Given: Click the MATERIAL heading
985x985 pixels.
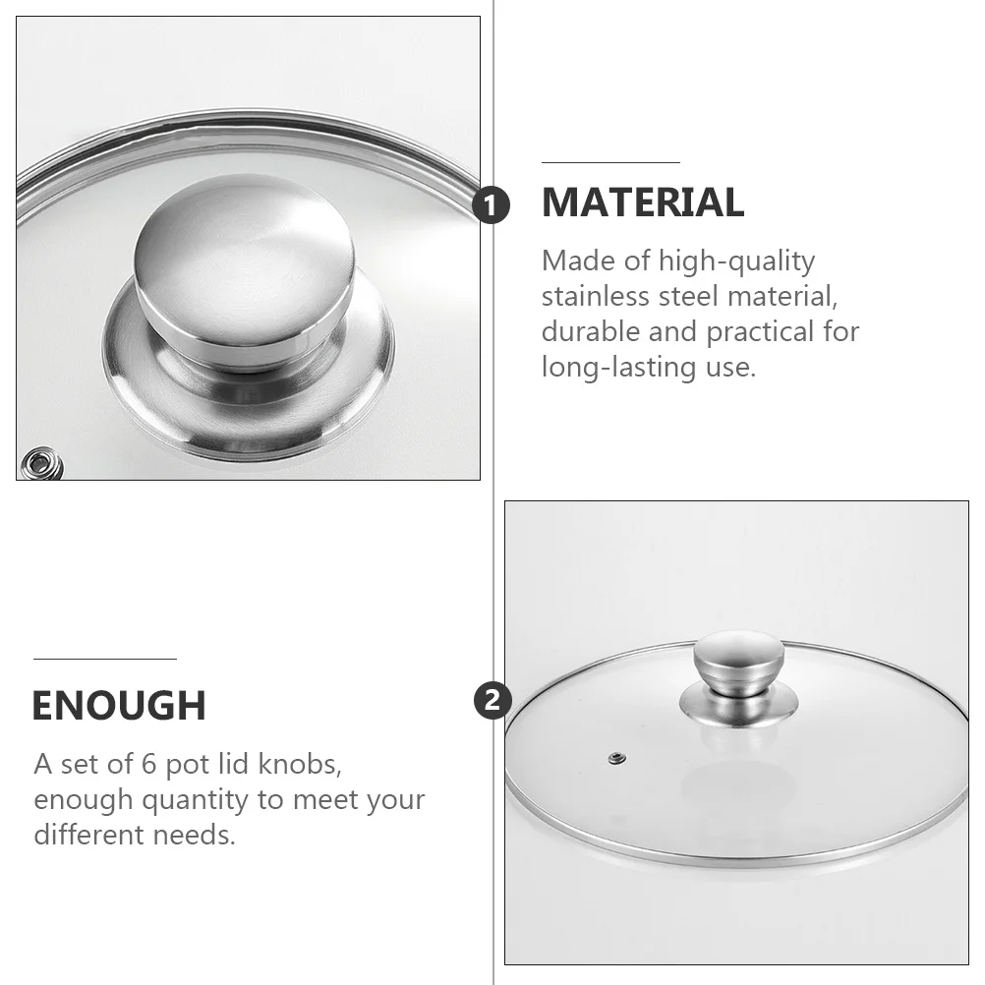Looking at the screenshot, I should (x=642, y=203).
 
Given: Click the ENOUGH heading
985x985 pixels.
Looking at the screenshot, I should (x=119, y=706).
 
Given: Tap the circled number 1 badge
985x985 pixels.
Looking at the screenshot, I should (x=492, y=206).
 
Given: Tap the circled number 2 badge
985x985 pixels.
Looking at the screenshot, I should (x=492, y=701).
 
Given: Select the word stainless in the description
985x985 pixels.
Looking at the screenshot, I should (x=601, y=296).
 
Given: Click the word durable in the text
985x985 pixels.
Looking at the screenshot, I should (x=591, y=331).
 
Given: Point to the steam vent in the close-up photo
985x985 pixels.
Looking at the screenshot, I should (x=40, y=461).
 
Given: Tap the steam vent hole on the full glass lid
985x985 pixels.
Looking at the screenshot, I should (x=616, y=757).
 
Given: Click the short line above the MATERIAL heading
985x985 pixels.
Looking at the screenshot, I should (x=610, y=162).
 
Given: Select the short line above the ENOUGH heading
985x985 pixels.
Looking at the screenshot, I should (x=104, y=659).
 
